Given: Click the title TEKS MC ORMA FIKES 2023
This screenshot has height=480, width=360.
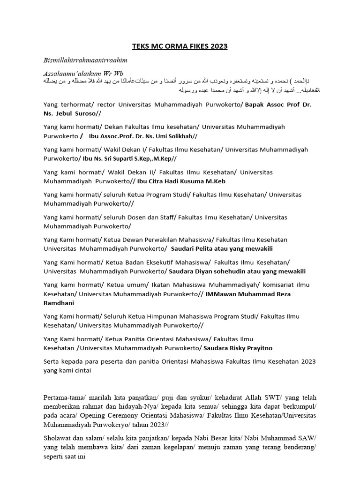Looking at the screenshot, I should pos(180,46).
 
